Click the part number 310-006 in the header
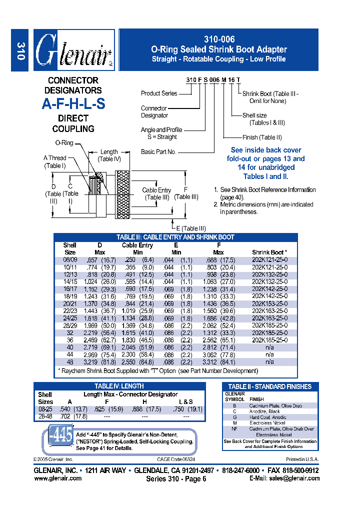pyautogui.click(x=218, y=39)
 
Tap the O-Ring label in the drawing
pyautogui.click(x=64, y=143)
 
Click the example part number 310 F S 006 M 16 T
pyautogui.click(x=213, y=80)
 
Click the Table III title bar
pyautogui.click(x=175, y=237)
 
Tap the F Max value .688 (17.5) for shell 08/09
pyautogui.click(x=218, y=260)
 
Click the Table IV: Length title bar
pyautogui.click(x=119, y=386)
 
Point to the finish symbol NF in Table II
pyautogui.click(x=234, y=429)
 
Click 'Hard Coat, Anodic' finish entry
pyautogui.click(x=267, y=417)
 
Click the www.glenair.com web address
pyautogui.click(x=58, y=478)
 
